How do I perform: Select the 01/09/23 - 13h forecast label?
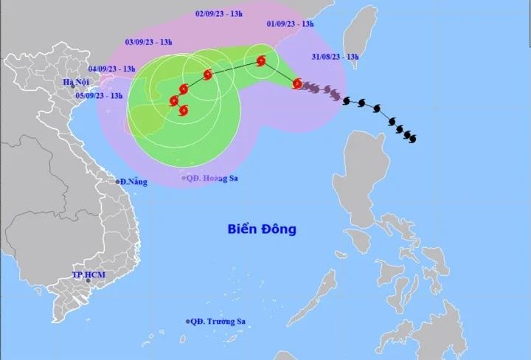point(291,24)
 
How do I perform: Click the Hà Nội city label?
point(75,81)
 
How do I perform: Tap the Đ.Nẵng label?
point(133,181)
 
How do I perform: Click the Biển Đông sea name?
point(261,229)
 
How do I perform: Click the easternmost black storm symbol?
point(410,137)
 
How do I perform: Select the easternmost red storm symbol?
point(298,84)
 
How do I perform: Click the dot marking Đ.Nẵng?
point(118,181)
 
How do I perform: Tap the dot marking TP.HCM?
point(88,281)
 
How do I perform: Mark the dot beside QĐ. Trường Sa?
point(188,321)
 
